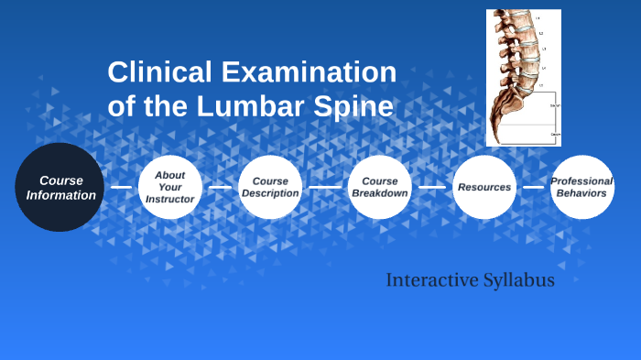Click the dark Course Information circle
60,187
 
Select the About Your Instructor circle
170,187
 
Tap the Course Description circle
270,187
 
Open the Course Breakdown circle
380,187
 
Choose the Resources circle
484,187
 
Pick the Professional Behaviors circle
582,187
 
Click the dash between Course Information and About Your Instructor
121,187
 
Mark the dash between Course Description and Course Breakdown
324,187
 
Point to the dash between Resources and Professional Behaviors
533,187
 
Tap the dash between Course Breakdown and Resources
432,187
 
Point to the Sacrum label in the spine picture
555,106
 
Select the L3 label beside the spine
543,48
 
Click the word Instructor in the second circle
170,199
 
